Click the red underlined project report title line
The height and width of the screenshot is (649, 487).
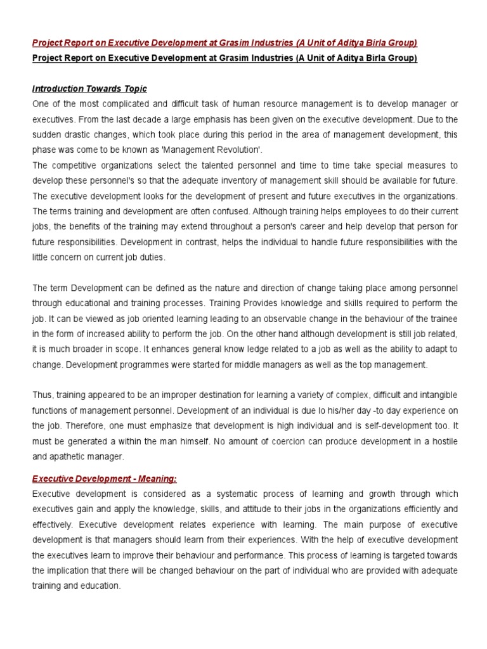(x=224, y=43)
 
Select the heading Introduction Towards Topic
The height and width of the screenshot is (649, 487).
(x=89, y=89)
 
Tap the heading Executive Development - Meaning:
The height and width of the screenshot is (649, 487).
(x=105, y=479)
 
